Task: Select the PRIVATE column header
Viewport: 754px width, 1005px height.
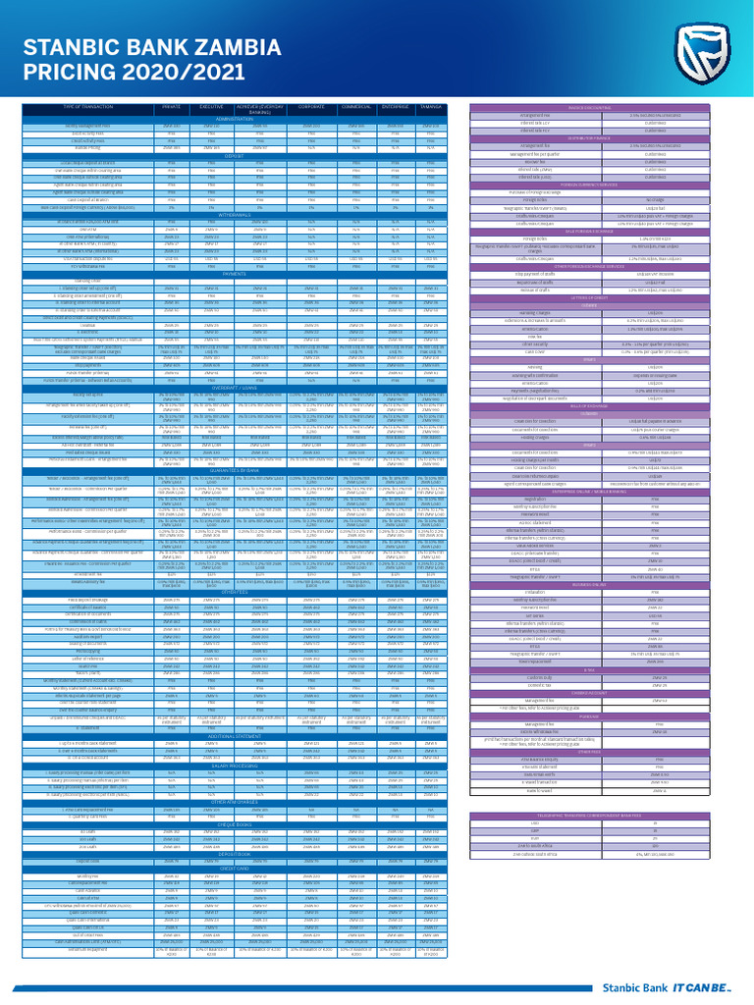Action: pos(172,105)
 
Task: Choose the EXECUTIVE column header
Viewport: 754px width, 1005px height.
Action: pos(212,105)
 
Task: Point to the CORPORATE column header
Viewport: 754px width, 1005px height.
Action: pos(312,105)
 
